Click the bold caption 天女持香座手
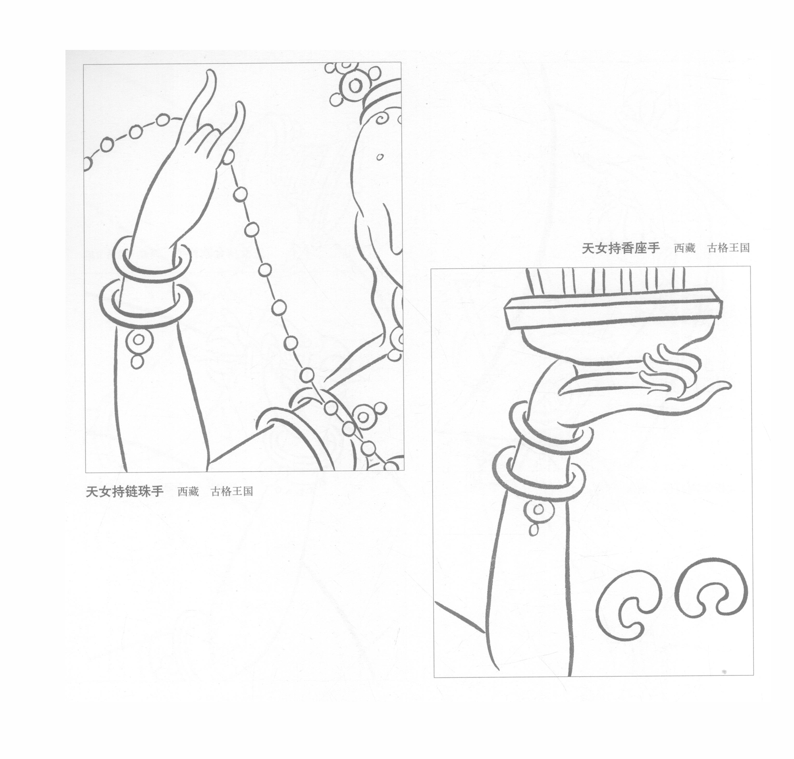pos(620,248)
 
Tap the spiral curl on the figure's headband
pos(382,119)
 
